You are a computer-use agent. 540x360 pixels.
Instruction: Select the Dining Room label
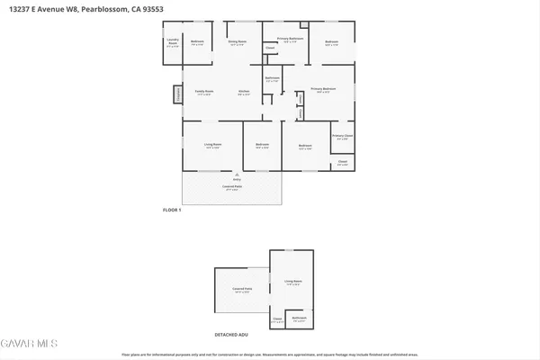pos(237,43)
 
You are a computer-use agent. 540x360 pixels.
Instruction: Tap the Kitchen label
pos(243,92)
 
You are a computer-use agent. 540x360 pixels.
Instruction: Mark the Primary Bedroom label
pos(323,89)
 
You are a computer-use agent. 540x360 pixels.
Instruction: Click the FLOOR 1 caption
pos(172,210)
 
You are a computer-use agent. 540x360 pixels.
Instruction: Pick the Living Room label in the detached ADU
pos(294,283)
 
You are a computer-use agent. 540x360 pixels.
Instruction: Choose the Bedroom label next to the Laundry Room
pos(197,42)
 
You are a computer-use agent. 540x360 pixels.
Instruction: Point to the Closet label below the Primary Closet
pos(342,163)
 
